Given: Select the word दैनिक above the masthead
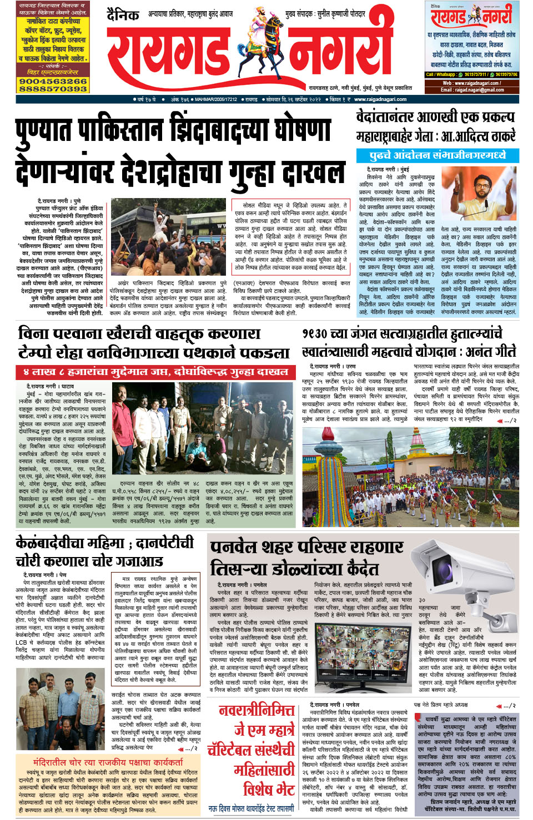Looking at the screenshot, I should [x=123, y=14].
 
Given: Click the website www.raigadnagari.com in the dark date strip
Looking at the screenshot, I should [x=380, y=99].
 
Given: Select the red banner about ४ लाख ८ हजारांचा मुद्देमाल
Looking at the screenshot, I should [x=155, y=372].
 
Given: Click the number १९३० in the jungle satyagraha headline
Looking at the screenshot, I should [x=316, y=334].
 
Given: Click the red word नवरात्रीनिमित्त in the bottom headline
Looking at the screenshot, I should [x=257, y=711].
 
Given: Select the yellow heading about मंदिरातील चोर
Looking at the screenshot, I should [x=108, y=762].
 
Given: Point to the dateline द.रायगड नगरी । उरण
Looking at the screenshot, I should [x=333, y=367].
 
